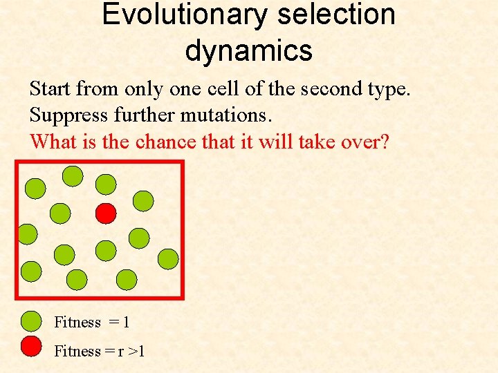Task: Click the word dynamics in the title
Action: (x=249, y=50)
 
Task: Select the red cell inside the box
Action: (x=105, y=213)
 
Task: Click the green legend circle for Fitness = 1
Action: (x=32, y=321)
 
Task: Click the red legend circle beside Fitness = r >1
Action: (x=32, y=346)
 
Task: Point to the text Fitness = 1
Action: (x=92, y=322)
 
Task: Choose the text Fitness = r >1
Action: (x=100, y=351)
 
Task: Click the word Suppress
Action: (x=64, y=115)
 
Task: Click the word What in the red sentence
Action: (x=52, y=142)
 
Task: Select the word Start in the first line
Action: (x=50, y=88)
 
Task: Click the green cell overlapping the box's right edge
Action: (x=168, y=259)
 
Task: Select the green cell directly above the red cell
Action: (x=106, y=184)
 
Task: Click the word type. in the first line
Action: (x=389, y=90)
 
